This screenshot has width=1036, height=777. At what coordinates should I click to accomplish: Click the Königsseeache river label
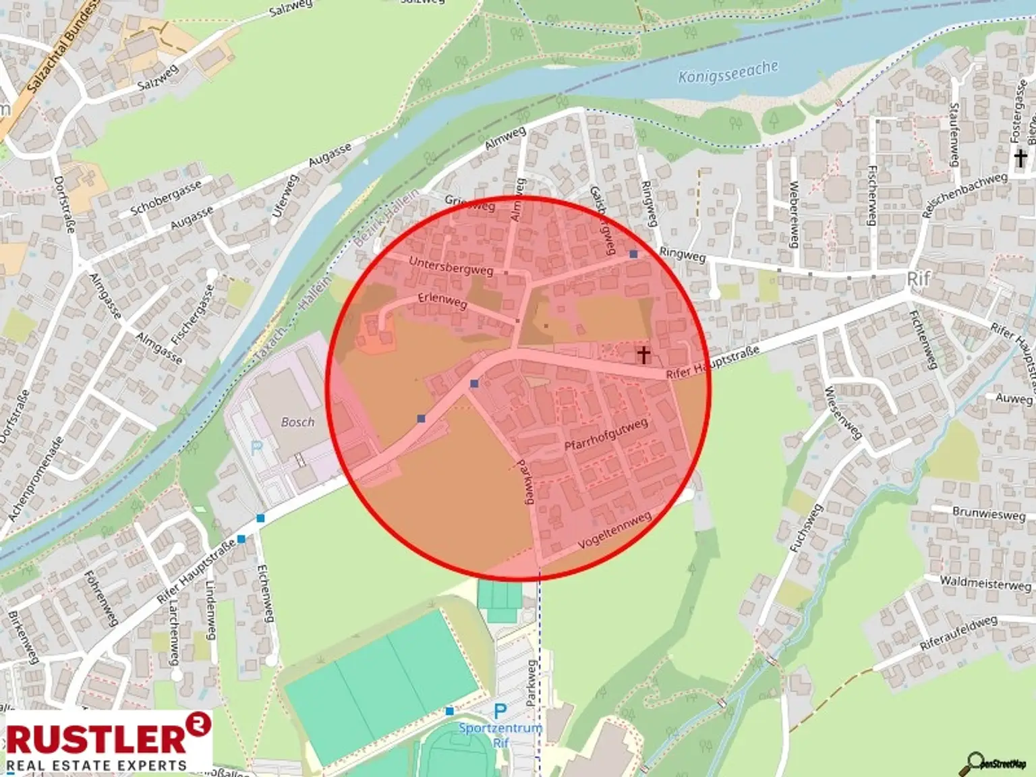pos(728,71)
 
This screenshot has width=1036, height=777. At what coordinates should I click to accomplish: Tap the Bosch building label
pos(297,422)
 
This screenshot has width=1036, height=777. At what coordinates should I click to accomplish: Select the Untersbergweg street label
pos(451,266)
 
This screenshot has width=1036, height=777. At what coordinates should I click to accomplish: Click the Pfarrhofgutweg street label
pos(606,434)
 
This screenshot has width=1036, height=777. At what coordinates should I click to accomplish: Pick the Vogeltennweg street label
pos(615,529)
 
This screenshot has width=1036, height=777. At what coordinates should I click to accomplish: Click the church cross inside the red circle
pos(643,354)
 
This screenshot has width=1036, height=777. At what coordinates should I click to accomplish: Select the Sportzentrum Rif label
pos(500,735)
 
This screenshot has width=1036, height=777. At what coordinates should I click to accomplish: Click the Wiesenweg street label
pos(843,412)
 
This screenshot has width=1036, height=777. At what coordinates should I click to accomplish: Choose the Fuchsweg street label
pos(807,528)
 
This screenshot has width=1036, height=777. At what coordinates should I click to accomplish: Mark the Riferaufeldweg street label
pos(958,633)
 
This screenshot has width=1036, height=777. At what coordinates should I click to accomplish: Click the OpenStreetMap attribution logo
pos(996,763)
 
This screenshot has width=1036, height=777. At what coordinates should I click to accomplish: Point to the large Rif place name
pos(919,279)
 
